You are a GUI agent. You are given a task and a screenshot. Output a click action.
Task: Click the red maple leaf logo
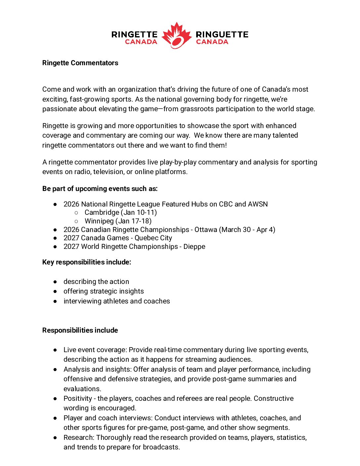177,35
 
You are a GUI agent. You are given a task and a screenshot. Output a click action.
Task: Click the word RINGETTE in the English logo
134,34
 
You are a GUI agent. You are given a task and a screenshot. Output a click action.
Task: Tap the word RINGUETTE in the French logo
222,34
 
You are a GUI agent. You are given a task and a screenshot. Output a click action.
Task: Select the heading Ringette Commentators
80,63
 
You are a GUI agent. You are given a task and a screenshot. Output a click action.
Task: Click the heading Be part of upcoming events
100,189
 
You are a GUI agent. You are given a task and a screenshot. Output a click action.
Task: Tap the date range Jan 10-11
139,212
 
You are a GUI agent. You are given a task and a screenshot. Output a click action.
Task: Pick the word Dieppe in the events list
194,247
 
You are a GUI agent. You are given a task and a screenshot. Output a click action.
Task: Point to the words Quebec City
153,238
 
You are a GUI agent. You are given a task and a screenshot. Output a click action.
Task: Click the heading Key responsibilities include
87,262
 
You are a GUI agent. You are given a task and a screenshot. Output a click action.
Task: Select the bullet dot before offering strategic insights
55,292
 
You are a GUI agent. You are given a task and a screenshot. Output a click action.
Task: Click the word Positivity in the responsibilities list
78,398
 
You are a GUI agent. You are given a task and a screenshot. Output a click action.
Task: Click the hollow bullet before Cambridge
76,213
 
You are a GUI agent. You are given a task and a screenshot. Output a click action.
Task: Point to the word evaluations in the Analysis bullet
82,389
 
